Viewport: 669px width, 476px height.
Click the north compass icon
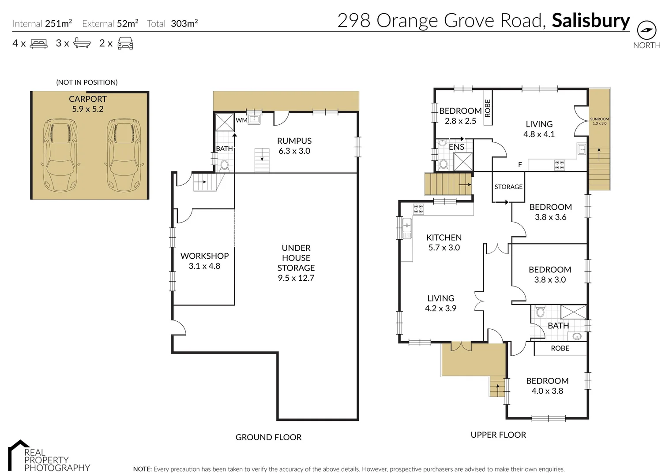pyautogui.click(x=646, y=30)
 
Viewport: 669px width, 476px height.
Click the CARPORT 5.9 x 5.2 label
pyautogui.click(x=88, y=104)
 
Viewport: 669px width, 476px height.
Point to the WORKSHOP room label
pyautogui.click(x=204, y=261)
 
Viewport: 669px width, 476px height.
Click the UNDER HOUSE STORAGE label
pyautogui.click(x=296, y=263)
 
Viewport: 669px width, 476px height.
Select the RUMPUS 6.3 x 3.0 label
pyautogui.click(x=294, y=146)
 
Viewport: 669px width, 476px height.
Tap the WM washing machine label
pyautogui.click(x=241, y=120)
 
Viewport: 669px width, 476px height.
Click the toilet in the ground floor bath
pyautogui.click(x=225, y=165)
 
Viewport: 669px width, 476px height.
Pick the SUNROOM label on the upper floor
pyautogui.click(x=599, y=121)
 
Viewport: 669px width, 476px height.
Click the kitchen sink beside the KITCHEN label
pyautogui.click(x=407, y=228)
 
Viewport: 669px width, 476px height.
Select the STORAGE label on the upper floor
pyautogui.click(x=508, y=187)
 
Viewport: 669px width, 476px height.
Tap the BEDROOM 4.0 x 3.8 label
pyautogui.click(x=547, y=386)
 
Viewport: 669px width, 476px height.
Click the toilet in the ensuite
pyautogui.click(x=443, y=164)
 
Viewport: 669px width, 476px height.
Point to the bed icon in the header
pyautogui.click(x=38, y=44)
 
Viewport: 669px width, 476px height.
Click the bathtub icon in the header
pyautogui.click(x=82, y=43)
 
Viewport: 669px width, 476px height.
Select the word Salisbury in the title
pyautogui.click(x=590, y=21)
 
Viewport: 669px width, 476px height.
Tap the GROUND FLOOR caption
pyautogui.click(x=268, y=437)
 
